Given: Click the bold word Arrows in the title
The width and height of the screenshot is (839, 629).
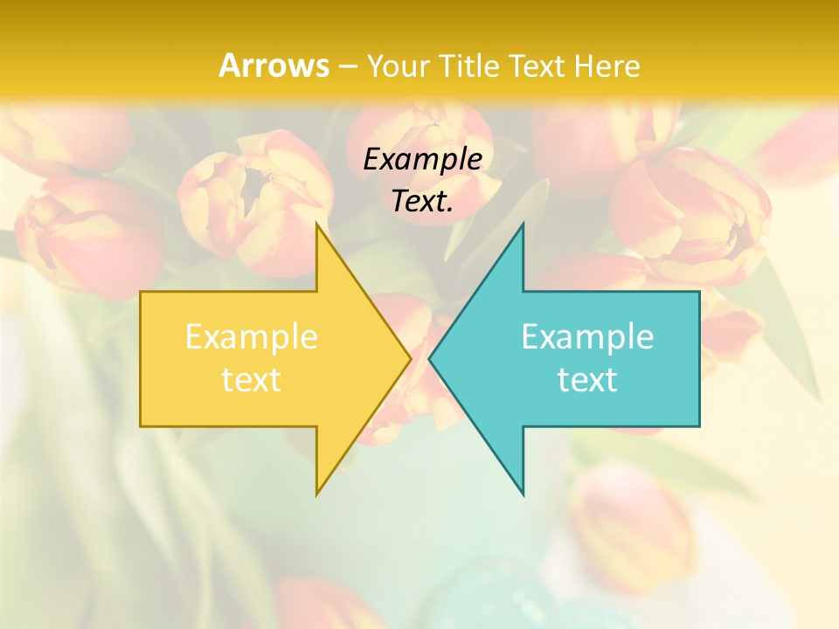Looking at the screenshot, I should (x=274, y=66).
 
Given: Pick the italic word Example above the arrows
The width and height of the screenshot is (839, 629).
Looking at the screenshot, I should (x=422, y=159).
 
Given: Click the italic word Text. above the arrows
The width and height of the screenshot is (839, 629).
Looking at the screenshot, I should (x=422, y=201).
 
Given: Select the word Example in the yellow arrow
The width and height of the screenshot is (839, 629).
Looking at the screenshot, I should (x=251, y=336).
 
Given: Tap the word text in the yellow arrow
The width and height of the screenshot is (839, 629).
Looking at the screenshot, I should (x=251, y=379).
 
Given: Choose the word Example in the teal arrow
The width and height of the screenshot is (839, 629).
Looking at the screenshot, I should (x=587, y=336).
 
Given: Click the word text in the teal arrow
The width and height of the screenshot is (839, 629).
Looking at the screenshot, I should (x=587, y=379).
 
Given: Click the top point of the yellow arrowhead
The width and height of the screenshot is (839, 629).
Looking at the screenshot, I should (x=317, y=225).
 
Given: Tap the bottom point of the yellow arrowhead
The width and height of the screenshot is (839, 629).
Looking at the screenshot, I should (x=317, y=494).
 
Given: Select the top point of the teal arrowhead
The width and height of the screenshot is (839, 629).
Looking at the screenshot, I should (x=523, y=225).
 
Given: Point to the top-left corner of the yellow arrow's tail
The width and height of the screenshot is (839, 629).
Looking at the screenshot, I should (x=142, y=293).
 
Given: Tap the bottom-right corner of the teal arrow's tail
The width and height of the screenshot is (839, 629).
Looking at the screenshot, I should (x=698, y=425).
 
